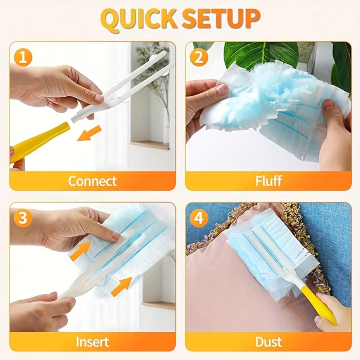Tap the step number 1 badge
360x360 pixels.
coord(24,57)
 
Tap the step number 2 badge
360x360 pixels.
coord(199,57)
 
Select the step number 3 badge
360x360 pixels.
coord(24,218)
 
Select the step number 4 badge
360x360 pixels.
coord(199,218)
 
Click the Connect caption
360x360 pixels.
coord(92,181)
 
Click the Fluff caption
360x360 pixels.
coord(268,181)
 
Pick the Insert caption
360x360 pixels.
coord(92,341)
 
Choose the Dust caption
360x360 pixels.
coord(268,341)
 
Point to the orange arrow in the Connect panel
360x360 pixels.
coord(89,133)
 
